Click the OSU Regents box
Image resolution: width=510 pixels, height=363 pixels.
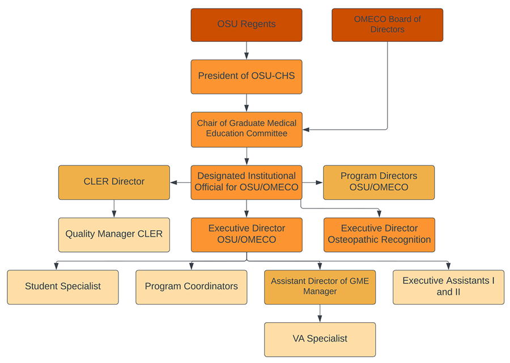click(246, 25)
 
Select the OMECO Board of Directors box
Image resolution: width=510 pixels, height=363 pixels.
click(388, 25)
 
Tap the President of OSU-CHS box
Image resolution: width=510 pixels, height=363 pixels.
click(246, 76)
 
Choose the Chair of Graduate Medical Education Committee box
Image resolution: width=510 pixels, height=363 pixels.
click(246, 130)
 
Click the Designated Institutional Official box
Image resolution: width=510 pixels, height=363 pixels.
click(246, 182)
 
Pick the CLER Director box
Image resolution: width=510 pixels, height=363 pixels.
click(114, 182)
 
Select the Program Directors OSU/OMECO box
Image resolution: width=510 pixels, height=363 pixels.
click(379, 182)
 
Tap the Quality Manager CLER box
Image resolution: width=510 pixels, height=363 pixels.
click(114, 234)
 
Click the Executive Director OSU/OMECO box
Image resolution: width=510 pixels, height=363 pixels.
click(246, 234)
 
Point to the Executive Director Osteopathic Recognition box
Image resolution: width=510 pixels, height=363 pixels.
click(379, 234)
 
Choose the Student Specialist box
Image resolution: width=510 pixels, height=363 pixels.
click(63, 287)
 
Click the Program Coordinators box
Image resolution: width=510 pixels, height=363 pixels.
click(192, 287)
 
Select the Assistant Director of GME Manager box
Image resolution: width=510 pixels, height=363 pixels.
click(320, 287)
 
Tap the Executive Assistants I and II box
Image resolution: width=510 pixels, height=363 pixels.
click(449, 287)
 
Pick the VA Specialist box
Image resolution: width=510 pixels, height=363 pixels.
click(320, 340)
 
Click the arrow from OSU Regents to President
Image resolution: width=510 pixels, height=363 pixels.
click(246, 50)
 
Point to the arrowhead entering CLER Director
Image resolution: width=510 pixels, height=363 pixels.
click(174, 182)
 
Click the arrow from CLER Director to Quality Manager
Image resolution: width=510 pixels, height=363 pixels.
click(114, 208)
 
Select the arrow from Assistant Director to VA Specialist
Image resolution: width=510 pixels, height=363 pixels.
click(320, 313)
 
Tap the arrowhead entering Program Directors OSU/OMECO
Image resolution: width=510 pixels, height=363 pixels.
click(320, 182)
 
